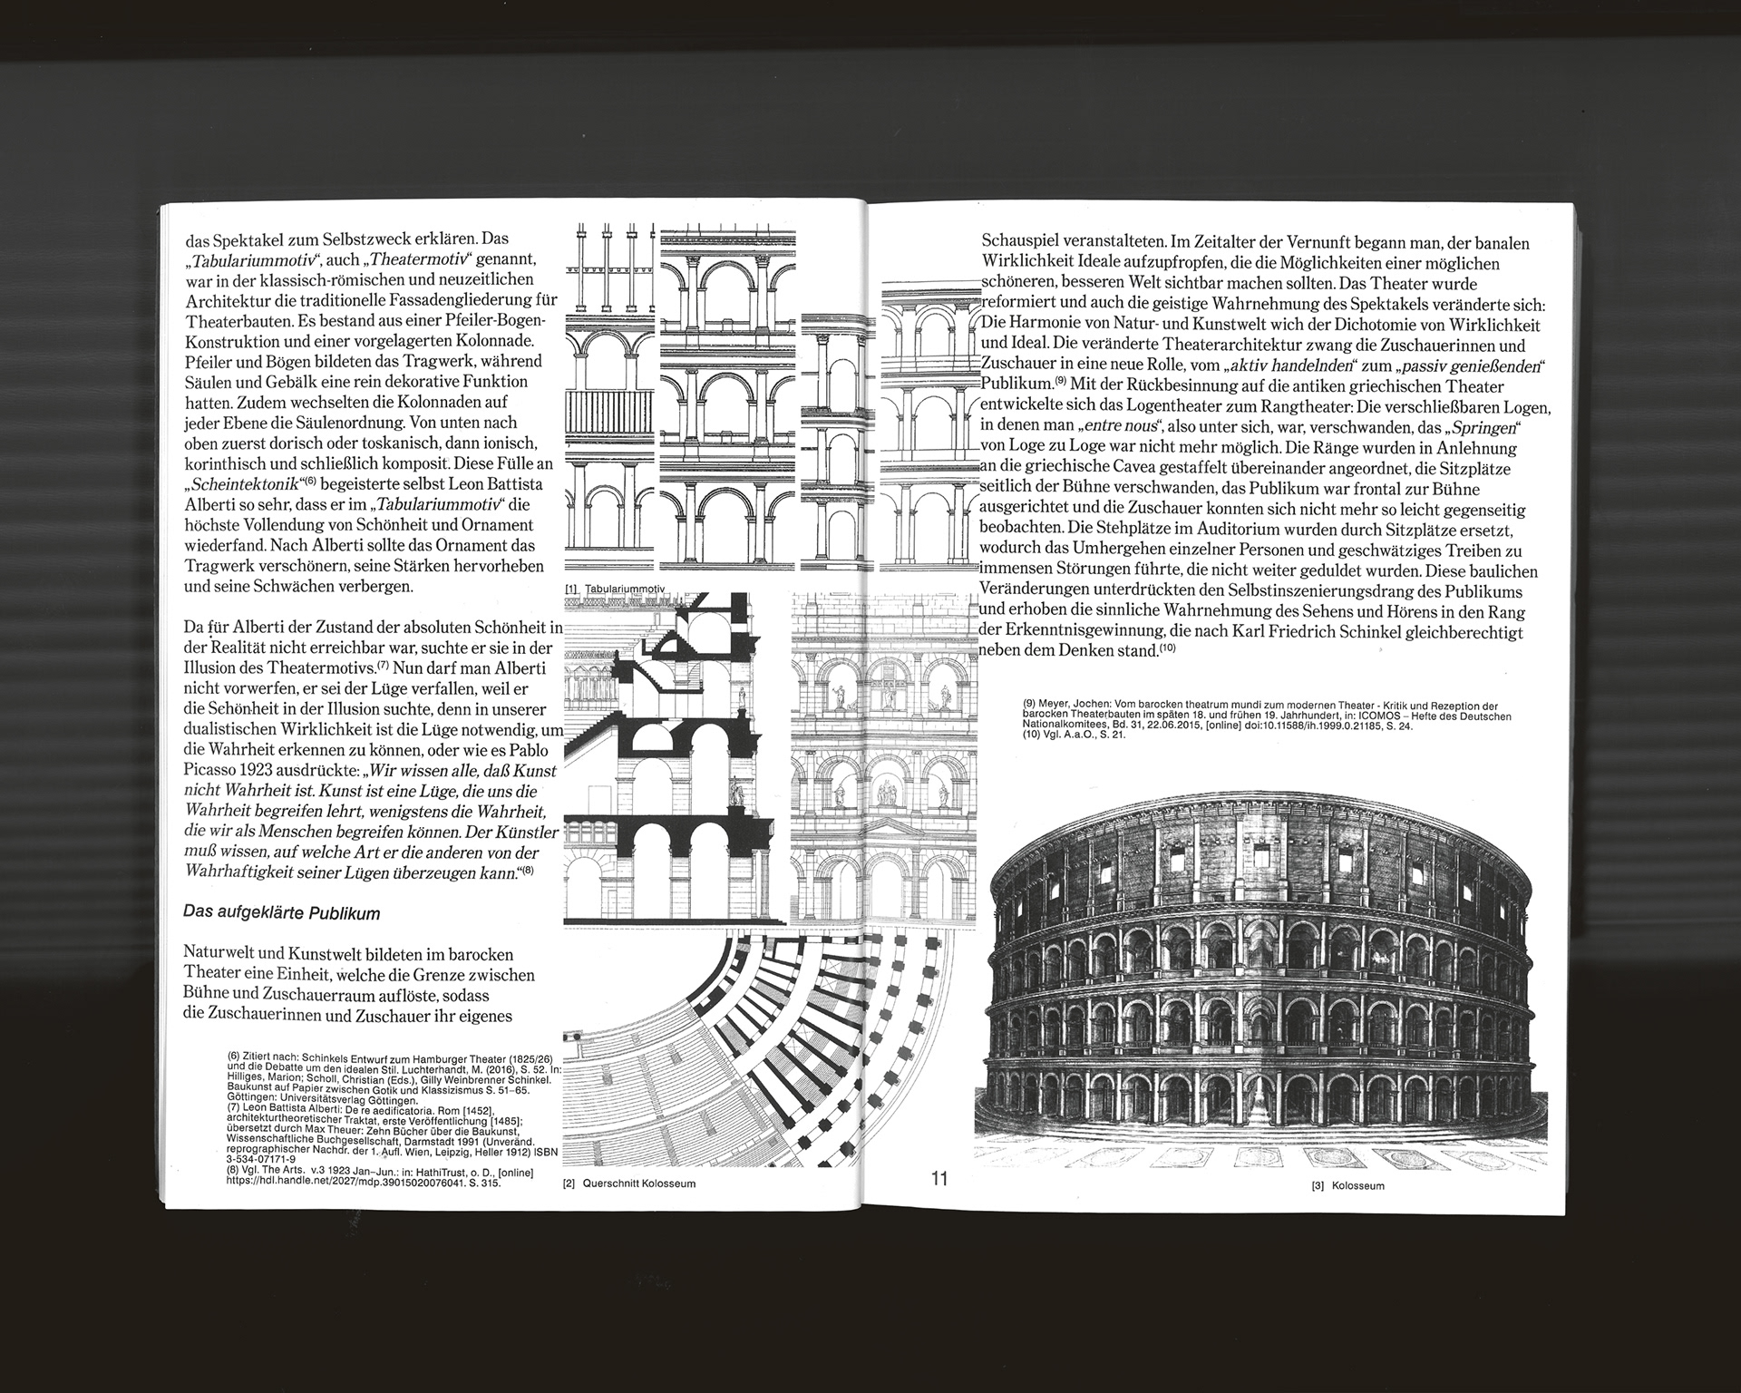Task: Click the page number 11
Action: pos(938,1178)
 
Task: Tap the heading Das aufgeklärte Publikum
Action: pos(281,913)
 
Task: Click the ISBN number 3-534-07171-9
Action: pos(260,1158)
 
